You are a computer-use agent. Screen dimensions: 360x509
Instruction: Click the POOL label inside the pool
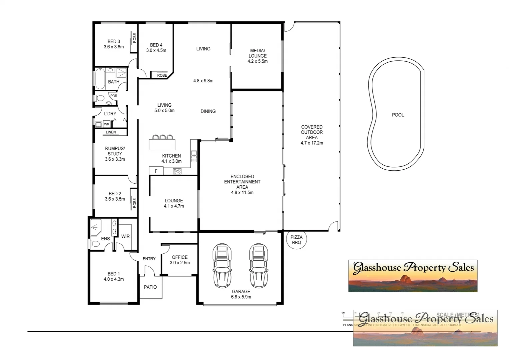(x=398, y=115)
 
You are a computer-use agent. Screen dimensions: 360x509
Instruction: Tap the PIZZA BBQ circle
(x=296, y=240)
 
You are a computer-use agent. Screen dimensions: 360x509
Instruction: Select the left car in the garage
(x=222, y=265)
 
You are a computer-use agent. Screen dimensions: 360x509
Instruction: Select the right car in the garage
(x=258, y=265)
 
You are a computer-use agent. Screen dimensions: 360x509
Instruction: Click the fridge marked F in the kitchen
(x=156, y=171)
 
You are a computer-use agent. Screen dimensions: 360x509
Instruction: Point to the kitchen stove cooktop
(x=177, y=171)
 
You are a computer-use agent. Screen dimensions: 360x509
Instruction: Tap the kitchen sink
(x=194, y=156)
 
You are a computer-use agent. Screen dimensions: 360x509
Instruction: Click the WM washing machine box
(x=107, y=124)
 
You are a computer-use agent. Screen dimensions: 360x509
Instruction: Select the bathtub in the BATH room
(x=100, y=79)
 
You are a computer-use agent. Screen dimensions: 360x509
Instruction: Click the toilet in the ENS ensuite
(x=95, y=244)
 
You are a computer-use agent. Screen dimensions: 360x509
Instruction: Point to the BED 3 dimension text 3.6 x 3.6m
(x=114, y=47)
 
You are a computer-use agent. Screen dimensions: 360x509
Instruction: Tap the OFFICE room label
(x=180, y=257)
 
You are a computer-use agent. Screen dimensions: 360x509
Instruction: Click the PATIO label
(x=150, y=287)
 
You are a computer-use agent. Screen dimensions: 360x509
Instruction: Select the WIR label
(x=125, y=236)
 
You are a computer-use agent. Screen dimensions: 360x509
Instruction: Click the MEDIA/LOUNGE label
(x=257, y=53)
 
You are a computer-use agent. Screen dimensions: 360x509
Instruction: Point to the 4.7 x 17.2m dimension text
(x=312, y=143)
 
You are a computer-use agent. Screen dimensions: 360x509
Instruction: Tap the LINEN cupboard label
(x=111, y=132)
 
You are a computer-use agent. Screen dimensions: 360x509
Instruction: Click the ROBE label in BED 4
(x=162, y=75)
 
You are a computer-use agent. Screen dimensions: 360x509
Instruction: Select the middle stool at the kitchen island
(x=163, y=137)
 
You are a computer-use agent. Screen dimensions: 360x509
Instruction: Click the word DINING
(x=208, y=111)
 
